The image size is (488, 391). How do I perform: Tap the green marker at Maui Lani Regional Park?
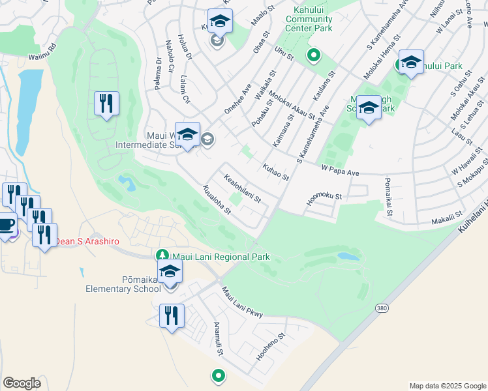pos(162,255)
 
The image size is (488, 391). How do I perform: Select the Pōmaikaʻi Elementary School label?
pos(123,284)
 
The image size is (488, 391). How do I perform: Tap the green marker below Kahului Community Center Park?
pos(313,56)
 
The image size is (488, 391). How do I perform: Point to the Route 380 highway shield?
pos(382,306)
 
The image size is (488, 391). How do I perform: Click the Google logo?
pos(22,383)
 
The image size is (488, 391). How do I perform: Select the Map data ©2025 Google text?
pos(447,386)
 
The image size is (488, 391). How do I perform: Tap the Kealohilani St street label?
pos(242,188)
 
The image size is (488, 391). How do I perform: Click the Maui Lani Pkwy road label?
pos(241,303)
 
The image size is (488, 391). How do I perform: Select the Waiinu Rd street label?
pos(43,51)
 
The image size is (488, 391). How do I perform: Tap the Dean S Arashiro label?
pos(87,241)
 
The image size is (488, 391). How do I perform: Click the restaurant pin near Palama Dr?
pos(106,104)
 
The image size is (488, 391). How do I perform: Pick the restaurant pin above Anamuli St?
pos(172,316)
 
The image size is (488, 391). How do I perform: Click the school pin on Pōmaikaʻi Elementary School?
pos(170,271)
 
